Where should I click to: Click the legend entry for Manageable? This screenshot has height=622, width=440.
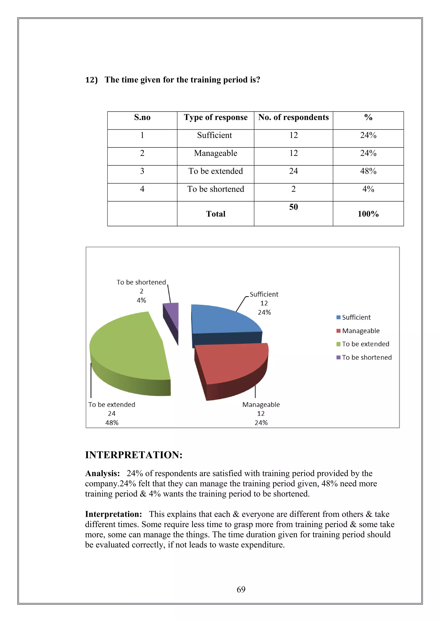coord(361,331)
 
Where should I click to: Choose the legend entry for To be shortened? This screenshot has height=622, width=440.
coord(367,357)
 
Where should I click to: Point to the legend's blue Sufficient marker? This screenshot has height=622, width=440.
coord(338,317)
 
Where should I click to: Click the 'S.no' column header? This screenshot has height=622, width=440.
coord(142,117)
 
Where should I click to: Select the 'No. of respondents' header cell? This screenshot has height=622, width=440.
coord(293,117)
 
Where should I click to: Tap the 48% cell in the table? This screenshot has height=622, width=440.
coord(368,171)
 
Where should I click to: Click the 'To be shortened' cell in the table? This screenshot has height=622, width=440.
coord(215,189)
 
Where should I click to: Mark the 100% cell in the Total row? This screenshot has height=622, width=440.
coord(368,214)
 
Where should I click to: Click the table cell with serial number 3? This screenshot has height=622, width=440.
coord(142,171)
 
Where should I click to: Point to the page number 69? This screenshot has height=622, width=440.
coord(241,589)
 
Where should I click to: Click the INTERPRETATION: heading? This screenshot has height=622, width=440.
coord(134,455)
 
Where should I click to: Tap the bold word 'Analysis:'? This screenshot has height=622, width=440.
coord(102,473)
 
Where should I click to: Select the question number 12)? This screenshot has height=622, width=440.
coord(91,80)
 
